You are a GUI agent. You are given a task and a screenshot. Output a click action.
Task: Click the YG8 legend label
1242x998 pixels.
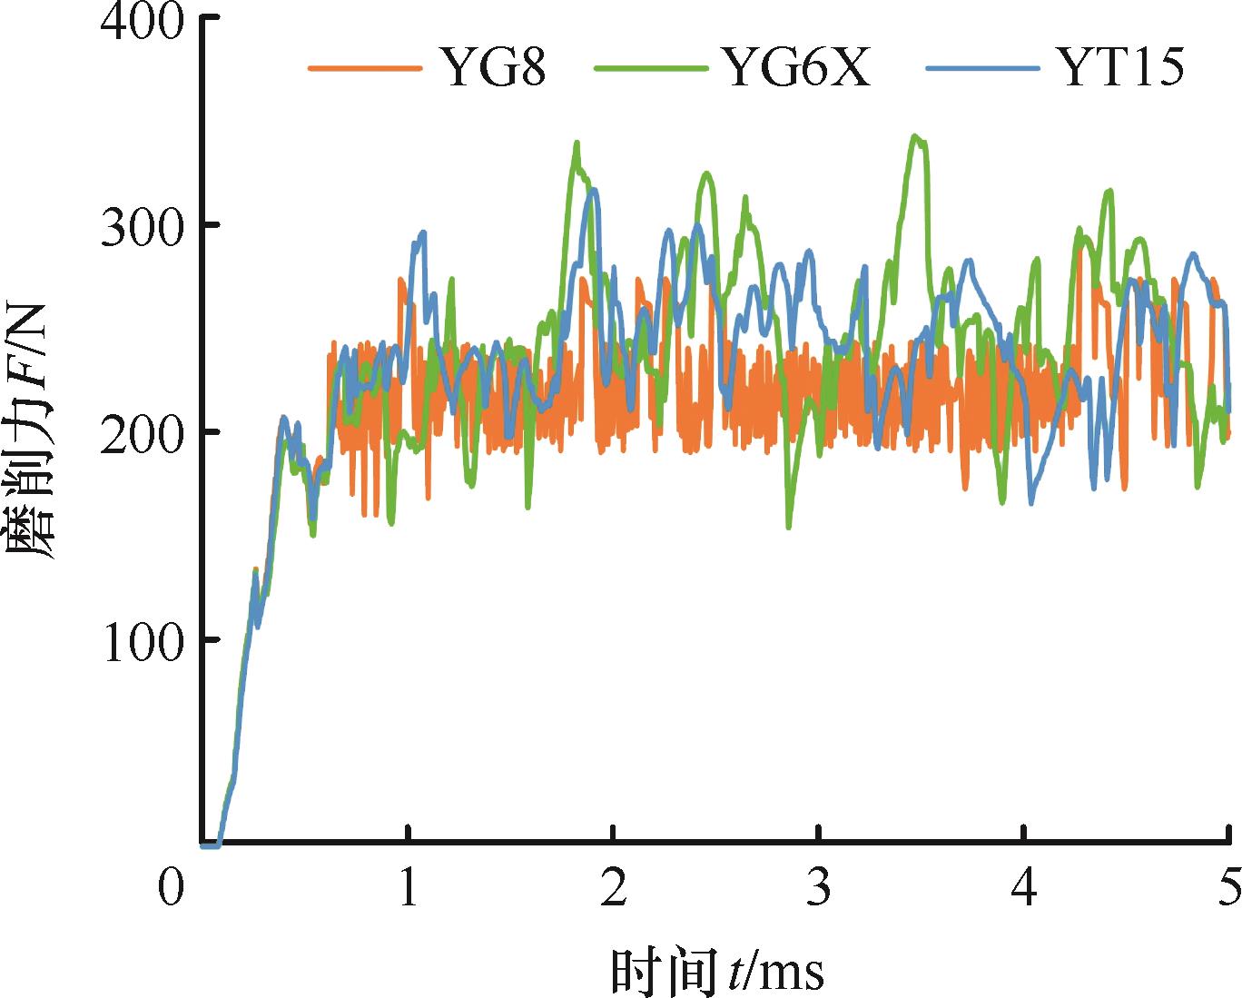(x=493, y=66)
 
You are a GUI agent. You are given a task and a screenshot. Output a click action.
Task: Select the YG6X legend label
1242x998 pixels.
(x=796, y=66)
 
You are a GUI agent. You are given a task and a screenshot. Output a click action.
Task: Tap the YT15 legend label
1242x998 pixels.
(x=1121, y=66)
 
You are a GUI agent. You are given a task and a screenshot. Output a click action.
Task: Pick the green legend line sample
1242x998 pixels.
(x=650, y=68)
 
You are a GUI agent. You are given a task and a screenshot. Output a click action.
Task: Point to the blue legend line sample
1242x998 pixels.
(x=981, y=68)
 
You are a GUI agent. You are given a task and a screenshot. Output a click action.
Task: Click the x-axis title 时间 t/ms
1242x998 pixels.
(x=717, y=970)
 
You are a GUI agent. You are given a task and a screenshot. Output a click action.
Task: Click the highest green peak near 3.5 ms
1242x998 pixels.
(x=915, y=136)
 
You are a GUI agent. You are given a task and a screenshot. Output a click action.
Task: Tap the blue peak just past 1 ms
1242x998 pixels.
(x=421, y=232)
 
